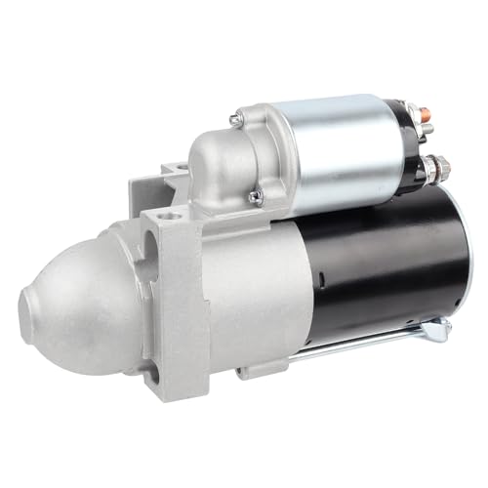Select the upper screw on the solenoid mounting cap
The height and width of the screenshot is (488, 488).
click(235, 119)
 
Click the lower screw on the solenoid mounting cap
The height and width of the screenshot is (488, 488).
click(256, 196)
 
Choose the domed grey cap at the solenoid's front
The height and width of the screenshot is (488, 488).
click(220, 161)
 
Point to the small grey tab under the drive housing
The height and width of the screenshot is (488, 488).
click(260, 370)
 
